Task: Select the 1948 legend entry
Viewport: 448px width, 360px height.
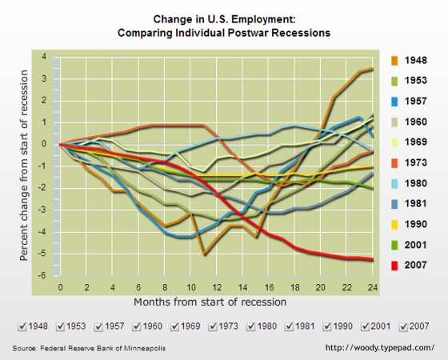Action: (x=415, y=60)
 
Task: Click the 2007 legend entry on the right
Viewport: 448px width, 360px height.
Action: (x=415, y=266)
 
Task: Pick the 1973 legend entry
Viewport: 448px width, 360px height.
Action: (x=415, y=163)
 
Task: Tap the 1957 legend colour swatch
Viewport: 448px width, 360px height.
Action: (x=395, y=102)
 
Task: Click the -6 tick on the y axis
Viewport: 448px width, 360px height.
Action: (x=43, y=275)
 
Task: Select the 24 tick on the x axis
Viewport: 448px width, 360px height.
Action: (x=373, y=286)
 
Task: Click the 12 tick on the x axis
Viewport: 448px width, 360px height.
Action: (x=217, y=286)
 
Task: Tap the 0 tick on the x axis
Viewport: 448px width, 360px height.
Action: (x=60, y=286)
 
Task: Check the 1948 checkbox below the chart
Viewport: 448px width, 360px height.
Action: (x=22, y=326)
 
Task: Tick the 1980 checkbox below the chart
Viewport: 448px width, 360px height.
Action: (x=254, y=326)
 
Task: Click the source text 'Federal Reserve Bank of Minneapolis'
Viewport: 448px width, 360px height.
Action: (x=103, y=349)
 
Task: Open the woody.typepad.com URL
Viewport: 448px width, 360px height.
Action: (x=381, y=348)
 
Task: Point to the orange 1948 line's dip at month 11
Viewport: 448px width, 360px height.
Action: (x=204, y=254)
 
